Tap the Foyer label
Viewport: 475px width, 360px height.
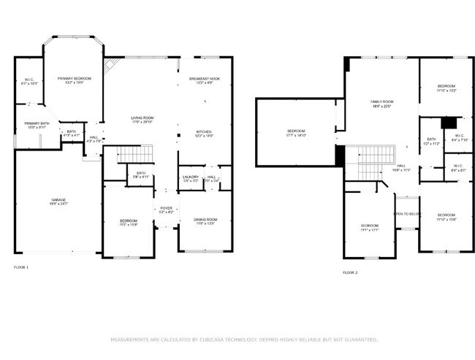(x=166, y=210)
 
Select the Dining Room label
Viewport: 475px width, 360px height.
(x=205, y=221)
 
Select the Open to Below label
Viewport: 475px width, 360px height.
(x=406, y=214)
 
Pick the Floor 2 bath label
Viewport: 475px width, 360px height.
(x=431, y=141)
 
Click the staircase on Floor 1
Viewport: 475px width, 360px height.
(x=134, y=154)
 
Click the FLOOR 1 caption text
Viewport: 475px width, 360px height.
(x=21, y=268)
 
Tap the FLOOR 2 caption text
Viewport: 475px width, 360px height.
(x=350, y=272)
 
